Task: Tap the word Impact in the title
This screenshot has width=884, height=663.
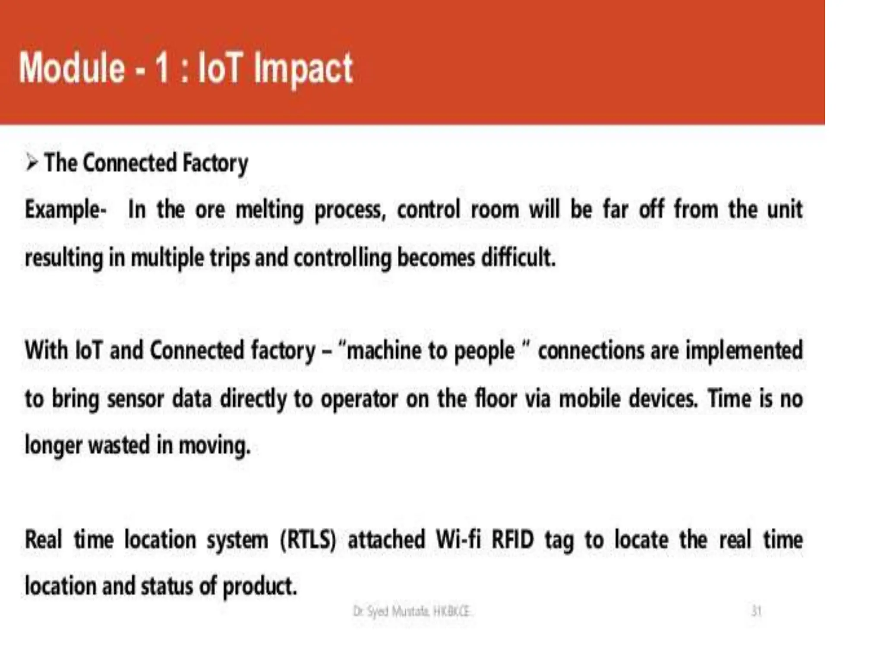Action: tap(303, 69)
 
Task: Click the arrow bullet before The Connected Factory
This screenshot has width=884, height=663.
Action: tap(32, 163)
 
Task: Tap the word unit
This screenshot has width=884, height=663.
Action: tap(784, 209)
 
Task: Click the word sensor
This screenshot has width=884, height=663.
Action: tap(136, 399)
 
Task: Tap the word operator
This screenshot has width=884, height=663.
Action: tap(359, 399)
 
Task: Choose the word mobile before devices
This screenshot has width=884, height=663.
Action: tap(590, 398)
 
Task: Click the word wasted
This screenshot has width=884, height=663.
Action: tap(118, 445)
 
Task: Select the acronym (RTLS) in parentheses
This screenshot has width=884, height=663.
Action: tap(308, 540)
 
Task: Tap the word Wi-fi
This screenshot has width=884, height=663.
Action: tap(458, 540)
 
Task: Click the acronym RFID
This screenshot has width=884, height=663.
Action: tap(513, 540)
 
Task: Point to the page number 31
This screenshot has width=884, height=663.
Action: tap(756, 611)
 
